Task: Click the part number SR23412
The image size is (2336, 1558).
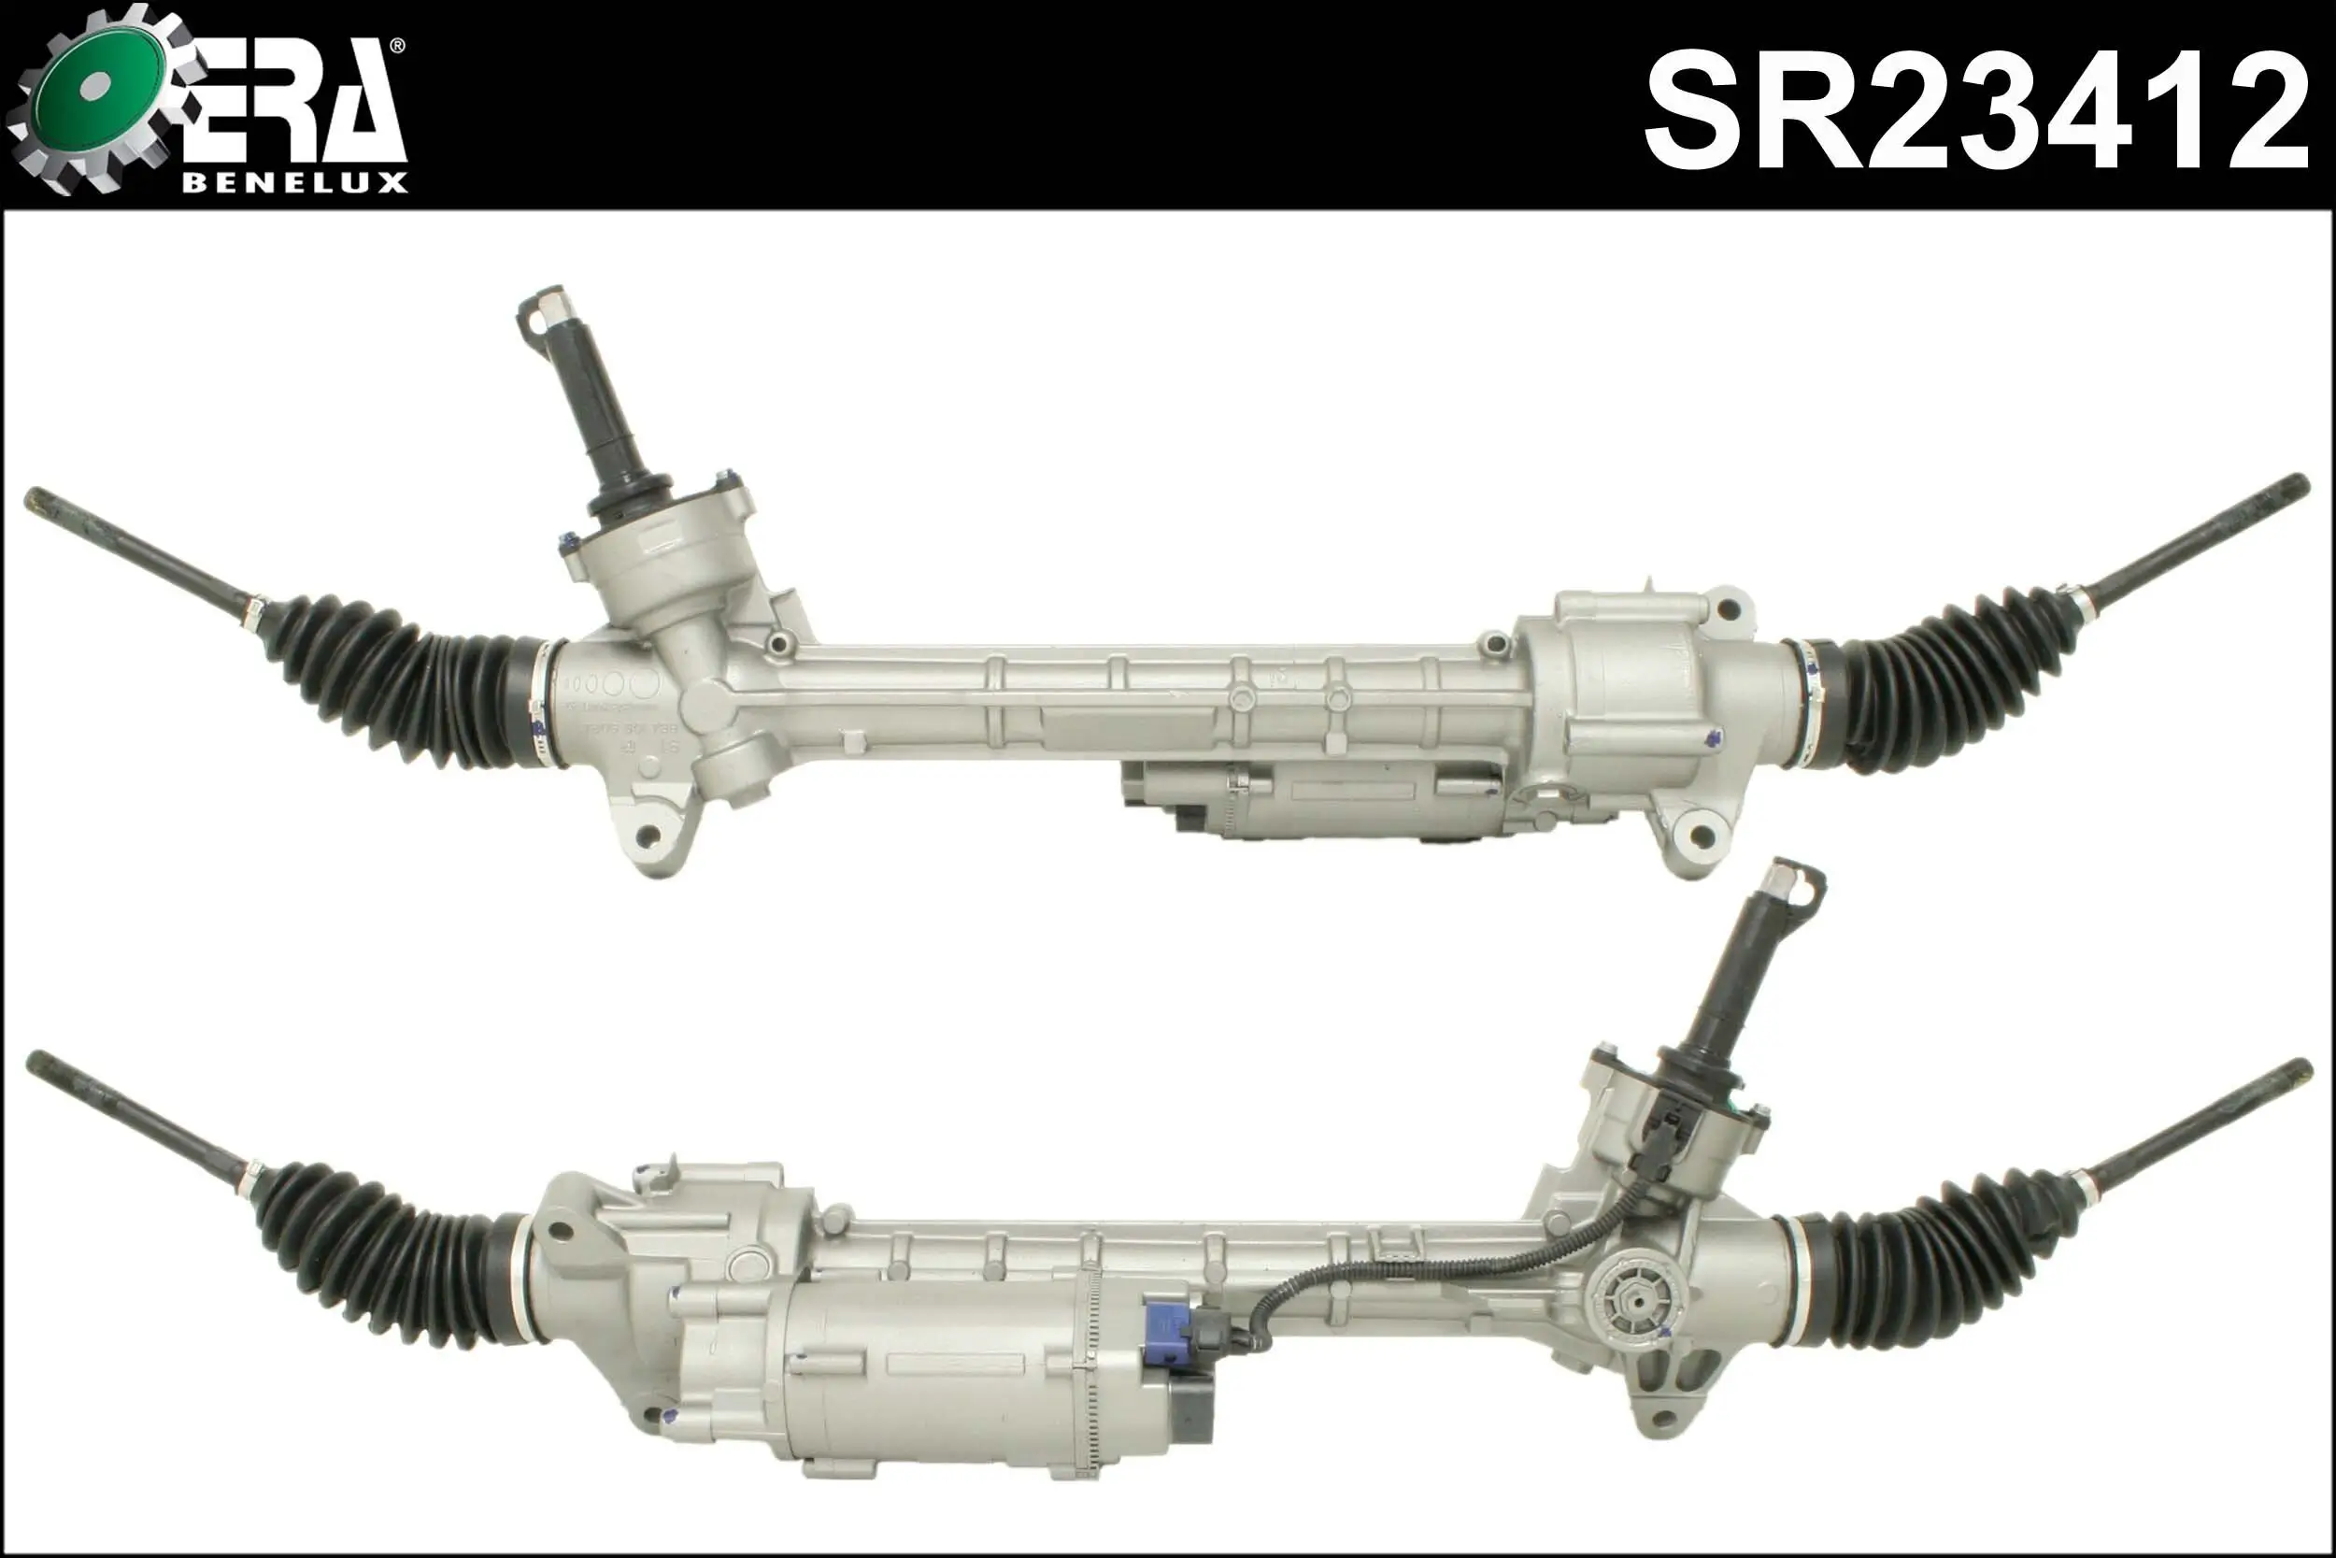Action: click(x=1975, y=111)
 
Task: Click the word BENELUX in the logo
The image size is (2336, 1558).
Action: click(x=295, y=183)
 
